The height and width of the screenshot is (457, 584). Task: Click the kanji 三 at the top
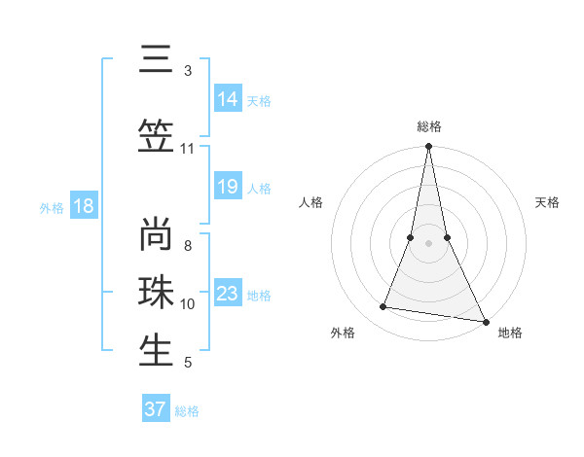tap(157, 61)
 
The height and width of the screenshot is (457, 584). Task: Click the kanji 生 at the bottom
tap(157, 351)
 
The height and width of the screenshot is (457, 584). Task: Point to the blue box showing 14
tap(228, 99)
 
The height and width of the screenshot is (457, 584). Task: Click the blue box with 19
tap(228, 187)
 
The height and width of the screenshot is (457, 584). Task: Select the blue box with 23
tap(228, 294)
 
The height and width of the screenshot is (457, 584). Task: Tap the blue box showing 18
tap(83, 206)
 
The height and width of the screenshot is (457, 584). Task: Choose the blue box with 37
tap(156, 409)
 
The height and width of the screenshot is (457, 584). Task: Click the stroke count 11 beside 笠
tap(187, 149)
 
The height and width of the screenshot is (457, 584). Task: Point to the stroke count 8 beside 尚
tap(187, 246)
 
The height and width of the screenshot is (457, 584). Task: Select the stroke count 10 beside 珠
tap(187, 304)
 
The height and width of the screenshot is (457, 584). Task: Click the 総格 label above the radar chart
tap(429, 126)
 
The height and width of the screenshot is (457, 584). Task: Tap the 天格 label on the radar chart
tap(548, 202)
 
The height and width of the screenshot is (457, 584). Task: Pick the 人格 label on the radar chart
tap(311, 202)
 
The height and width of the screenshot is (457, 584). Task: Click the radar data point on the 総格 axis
tap(428, 147)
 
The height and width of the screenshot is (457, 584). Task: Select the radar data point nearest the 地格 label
tap(485, 321)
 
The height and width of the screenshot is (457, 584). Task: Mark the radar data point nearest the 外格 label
tap(383, 307)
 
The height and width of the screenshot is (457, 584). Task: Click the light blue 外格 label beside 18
tap(51, 207)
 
